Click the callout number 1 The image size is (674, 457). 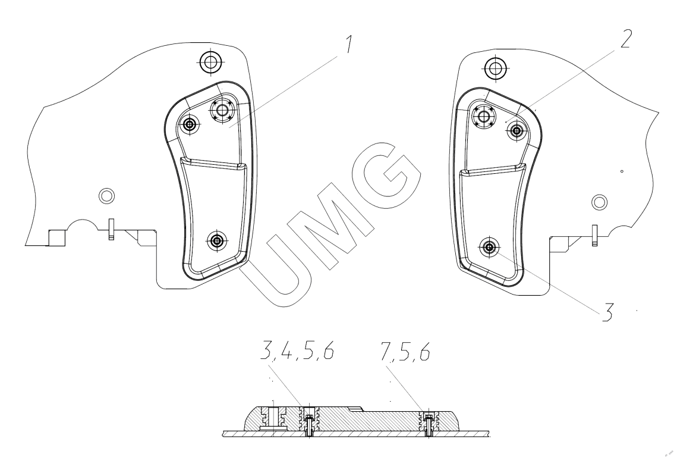click(x=349, y=44)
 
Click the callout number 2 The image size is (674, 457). click(x=625, y=39)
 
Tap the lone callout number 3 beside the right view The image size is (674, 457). click(x=606, y=312)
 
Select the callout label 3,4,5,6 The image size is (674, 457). click(x=297, y=351)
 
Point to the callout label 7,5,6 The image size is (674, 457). click(x=405, y=352)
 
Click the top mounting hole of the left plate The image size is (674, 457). click(x=210, y=62)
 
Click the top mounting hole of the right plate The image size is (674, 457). click(x=495, y=68)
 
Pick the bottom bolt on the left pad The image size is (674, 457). click(x=218, y=240)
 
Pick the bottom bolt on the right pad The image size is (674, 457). click(x=489, y=247)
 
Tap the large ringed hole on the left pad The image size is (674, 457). click(x=222, y=111)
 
